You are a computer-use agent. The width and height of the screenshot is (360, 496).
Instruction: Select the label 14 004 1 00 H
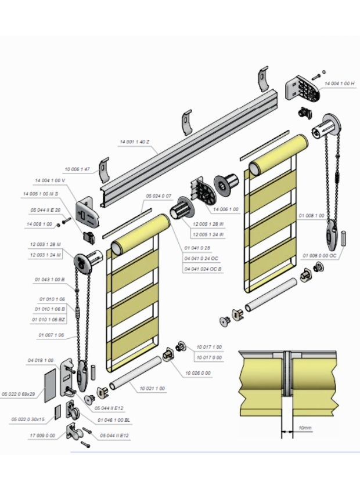(x=339, y=84)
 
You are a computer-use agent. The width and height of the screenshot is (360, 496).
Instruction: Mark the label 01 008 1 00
(x=311, y=215)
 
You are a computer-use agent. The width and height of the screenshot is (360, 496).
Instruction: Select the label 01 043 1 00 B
(x=50, y=280)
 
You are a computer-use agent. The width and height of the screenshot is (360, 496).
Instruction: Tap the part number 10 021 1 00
(x=152, y=388)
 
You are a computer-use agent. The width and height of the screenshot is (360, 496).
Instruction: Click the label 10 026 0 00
(x=198, y=372)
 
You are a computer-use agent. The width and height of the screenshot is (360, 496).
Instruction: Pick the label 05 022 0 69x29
(x=19, y=393)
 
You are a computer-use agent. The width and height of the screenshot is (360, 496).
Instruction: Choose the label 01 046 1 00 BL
(x=114, y=417)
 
